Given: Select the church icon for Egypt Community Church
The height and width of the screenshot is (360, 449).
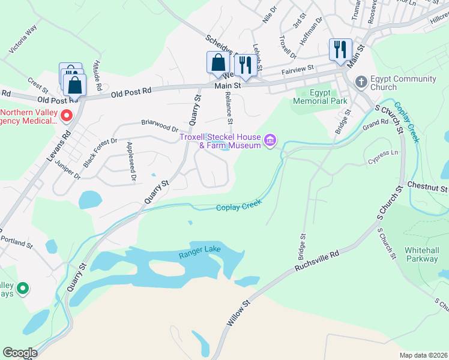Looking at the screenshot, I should click(x=361, y=81).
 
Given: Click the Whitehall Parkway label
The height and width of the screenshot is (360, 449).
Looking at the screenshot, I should click(x=421, y=254).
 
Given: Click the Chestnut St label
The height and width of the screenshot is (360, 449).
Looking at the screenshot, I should click(x=427, y=188).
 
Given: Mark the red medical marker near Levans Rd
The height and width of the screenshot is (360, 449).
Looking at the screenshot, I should click(x=67, y=115).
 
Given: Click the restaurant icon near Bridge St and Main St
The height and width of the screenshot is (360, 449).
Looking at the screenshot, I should click(x=340, y=49).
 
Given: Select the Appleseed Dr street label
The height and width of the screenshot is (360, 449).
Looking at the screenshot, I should click(x=131, y=161).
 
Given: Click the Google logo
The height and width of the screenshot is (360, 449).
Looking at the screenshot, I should click(x=20, y=353).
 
